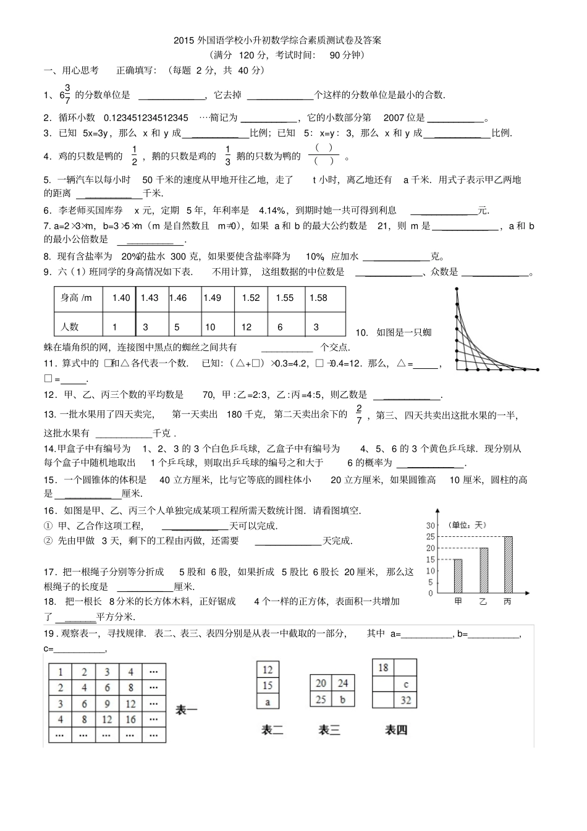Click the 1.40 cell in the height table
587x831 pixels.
121,298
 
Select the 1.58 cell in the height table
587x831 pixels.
318,298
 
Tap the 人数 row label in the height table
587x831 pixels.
73,327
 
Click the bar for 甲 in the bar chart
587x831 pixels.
458,576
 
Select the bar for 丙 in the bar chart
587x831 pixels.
508,564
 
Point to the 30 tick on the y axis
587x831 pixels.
430,525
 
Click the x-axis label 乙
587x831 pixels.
483,601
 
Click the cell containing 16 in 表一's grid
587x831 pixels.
130,719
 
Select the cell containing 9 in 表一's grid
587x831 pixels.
108,704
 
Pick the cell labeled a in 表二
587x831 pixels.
268,702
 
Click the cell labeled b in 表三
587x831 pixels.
342,699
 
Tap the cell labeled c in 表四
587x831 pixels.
405,685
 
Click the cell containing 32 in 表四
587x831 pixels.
405,700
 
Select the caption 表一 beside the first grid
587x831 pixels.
187,711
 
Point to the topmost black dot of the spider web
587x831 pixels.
457,289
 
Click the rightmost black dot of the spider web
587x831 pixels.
538,369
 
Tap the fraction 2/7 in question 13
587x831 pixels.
359,415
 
